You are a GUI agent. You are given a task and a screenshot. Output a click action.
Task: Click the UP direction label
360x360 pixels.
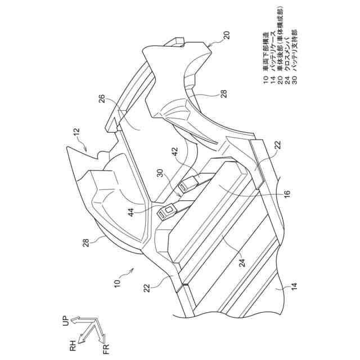[65, 321]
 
